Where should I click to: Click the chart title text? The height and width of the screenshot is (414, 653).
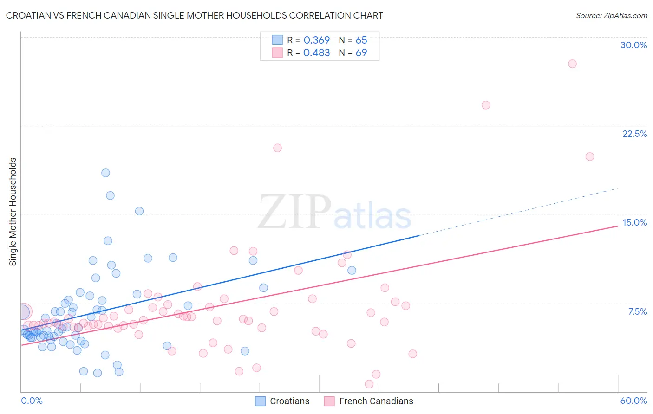pyautogui.click(x=195, y=15)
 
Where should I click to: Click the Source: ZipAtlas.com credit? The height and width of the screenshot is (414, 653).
pyautogui.click(x=611, y=15)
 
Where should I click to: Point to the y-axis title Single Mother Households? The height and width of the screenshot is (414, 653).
pyautogui.click(x=13, y=212)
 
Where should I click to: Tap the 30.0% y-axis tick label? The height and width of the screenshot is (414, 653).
pyautogui.click(x=633, y=45)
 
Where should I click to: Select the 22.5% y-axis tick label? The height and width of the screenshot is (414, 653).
pyautogui.click(x=634, y=134)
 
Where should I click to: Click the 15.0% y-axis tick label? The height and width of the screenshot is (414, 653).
pyautogui.click(x=634, y=222)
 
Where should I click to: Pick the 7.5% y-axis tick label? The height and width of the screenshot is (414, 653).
pyautogui.click(x=637, y=311)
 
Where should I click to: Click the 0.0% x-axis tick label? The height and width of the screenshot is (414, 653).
pyautogui.click(x=32, y=401)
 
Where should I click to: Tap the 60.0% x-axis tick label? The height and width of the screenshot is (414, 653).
pyautogui.click(x=633, y=401)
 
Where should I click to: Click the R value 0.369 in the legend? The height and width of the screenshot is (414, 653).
pyautogui.click(x=316, y=40)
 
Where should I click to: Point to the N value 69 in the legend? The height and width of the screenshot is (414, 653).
pyautogui.click(x=361, y=52)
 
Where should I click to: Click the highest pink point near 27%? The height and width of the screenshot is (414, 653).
pyautogui.click(x=572, y=64)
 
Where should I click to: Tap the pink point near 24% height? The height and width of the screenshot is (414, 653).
pyautogui.click(x=486, y=105)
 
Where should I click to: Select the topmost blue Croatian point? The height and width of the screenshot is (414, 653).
pyautogui.click(x=105, y=173)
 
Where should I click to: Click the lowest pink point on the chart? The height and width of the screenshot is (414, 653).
pyautogui.click(x=369, y=384)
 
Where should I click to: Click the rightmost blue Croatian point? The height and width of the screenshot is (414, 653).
pyautogui.click(x=352, y=270)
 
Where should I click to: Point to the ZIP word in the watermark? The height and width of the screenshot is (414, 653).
pyautogui.click(x=294, y=212)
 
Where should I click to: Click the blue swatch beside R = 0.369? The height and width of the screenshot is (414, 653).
pyautogui.click(x=277, y=40)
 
